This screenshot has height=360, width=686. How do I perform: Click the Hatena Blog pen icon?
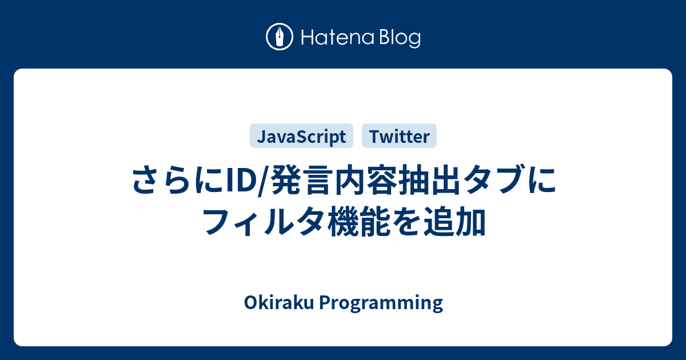[x=280, y=38]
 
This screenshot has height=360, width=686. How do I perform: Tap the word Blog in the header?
[x=399, y=39]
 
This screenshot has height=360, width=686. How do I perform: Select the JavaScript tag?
[x=301, y=136]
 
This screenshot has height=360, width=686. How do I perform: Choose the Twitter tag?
[x=399, y=136]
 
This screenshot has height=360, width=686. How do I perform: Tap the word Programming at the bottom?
[x=380, y=303]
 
